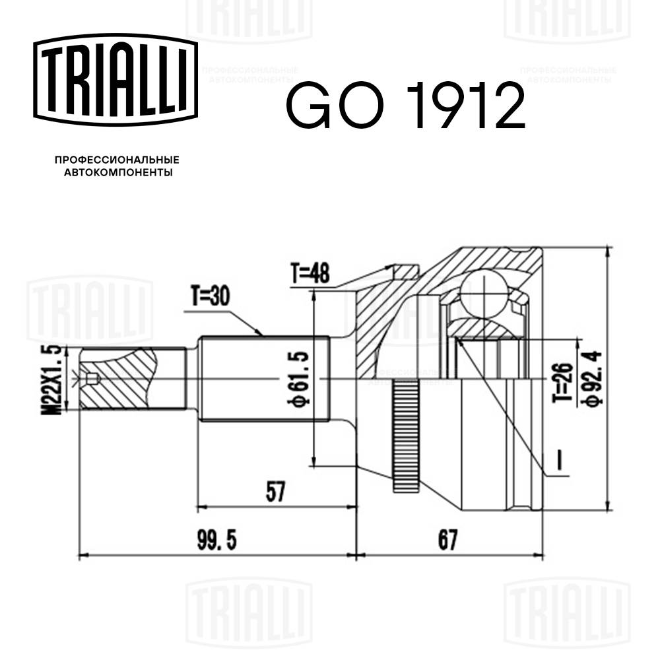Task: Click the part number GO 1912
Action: [x=405, y=105]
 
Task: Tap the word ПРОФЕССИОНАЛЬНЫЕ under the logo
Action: [x=117, y=160]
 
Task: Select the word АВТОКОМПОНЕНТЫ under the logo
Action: [x=117, y=173]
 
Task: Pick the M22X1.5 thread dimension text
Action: [x=55, y=379]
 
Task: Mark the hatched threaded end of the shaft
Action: [x=119, y=379]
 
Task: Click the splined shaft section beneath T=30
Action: [x=264, y=379]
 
